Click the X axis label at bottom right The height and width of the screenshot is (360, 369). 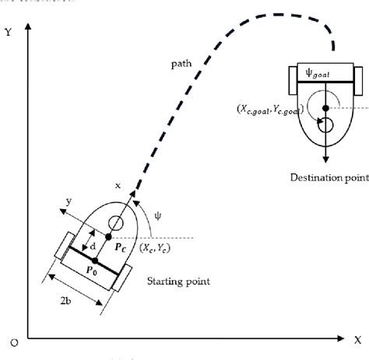click(x=357, y=340)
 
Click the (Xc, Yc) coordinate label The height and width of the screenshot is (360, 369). click(x=154, y=248)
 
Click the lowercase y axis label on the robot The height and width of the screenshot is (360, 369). click(x=69, y=201)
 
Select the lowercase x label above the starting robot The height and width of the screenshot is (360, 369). click(x=118, y=186)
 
